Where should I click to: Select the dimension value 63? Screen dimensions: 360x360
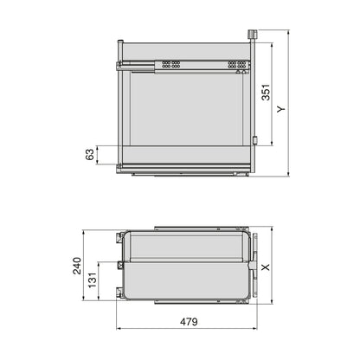[x=89, y=155]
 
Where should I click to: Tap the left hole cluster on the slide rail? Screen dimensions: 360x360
[x=172, y=64]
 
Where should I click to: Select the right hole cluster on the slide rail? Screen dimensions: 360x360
[x=232, y=64]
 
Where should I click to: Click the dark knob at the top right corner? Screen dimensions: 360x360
[x=254, y=35]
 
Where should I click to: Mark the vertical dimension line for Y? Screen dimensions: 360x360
[x=286, y=106]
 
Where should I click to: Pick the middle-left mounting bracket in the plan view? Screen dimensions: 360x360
[x=119, y=260]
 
